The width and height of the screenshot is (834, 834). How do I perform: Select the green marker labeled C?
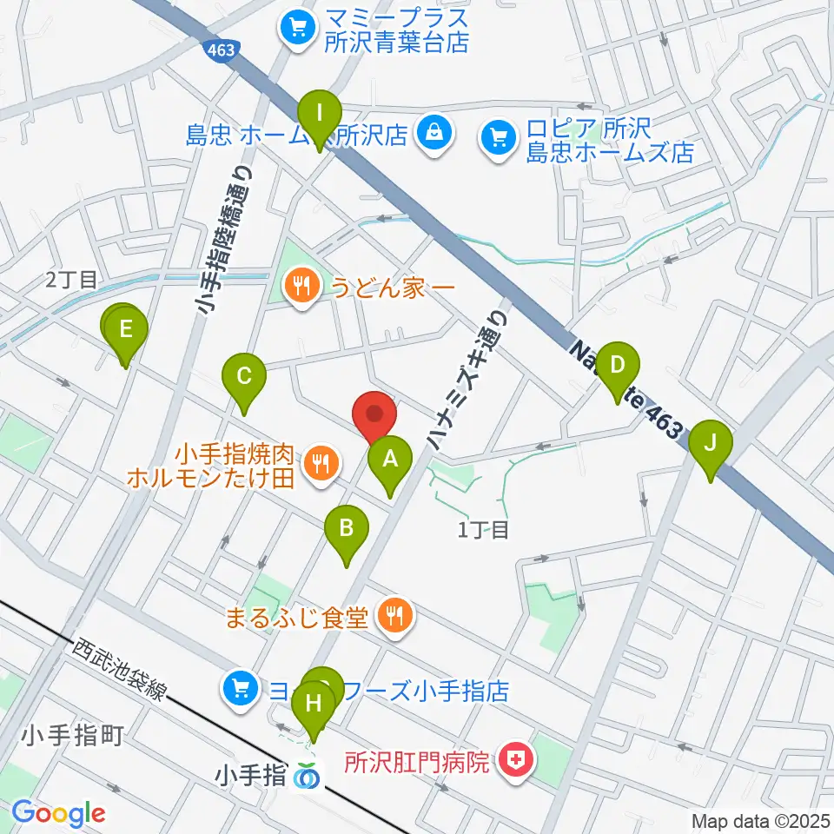(244, 378)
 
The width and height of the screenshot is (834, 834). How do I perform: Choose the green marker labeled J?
(711, 445)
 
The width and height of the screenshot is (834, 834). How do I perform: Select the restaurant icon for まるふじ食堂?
(396, 617)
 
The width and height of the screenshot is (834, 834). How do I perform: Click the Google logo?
(58, 814)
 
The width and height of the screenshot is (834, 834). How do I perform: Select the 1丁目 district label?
(482, 529)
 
